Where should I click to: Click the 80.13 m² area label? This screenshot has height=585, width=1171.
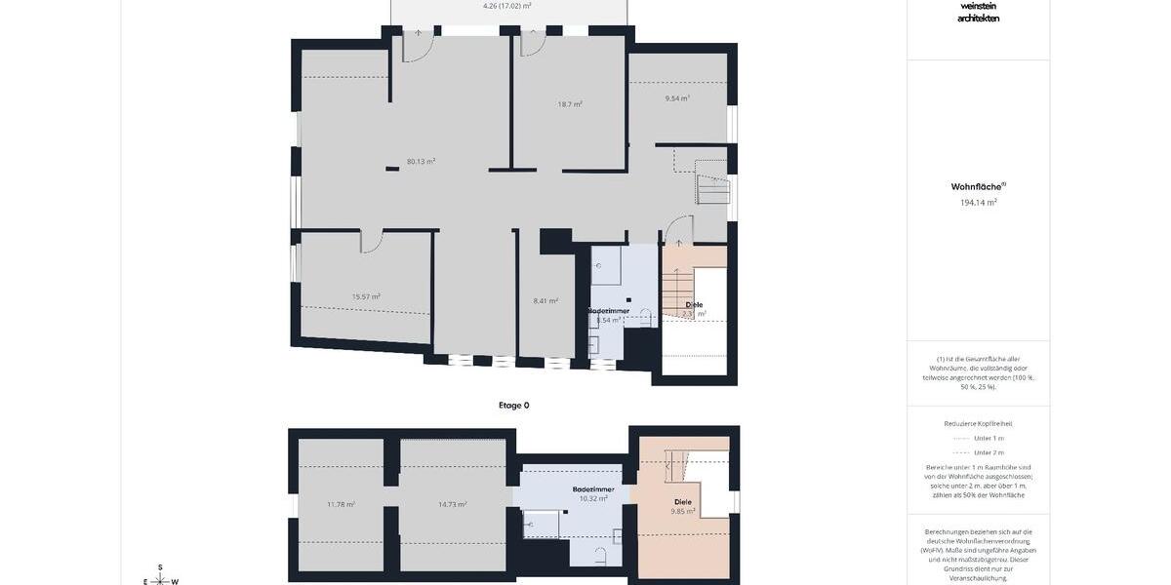(421, 162)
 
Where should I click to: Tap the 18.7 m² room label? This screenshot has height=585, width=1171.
(570, 103)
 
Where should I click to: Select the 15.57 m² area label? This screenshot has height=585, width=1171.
(366, 296)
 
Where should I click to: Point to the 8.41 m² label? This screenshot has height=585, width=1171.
(545, 300)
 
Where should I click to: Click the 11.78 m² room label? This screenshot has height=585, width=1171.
(341, 504)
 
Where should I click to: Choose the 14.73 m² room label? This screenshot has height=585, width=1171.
(452, 504)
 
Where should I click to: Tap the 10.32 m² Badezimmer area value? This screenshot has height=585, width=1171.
(593, 498)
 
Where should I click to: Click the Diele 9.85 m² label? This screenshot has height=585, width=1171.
(681, 506)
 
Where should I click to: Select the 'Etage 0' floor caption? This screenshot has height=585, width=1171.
(513, 405)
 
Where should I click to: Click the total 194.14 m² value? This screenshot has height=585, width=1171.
(978, 203)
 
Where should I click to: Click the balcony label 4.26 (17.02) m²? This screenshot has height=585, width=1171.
(507, 6)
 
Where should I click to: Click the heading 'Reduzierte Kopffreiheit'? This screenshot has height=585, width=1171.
(978, 424)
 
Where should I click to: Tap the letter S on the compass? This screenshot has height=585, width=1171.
(161, 567)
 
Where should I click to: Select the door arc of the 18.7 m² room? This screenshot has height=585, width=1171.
(533, 43)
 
